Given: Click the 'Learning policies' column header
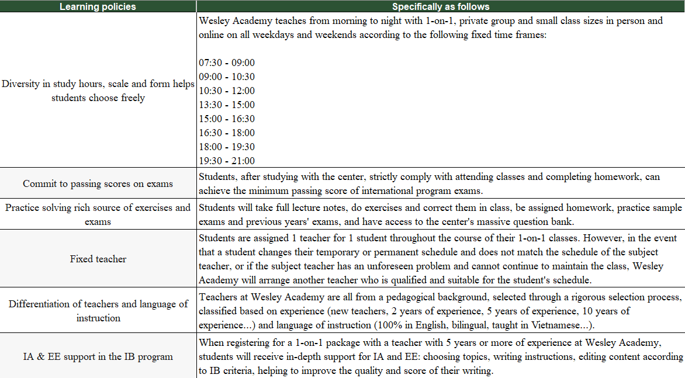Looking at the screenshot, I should [98, 7].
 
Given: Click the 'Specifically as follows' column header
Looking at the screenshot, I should [440, 7].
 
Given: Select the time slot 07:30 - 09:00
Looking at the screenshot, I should [227, 63].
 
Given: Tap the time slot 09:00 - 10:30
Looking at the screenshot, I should [227, 77].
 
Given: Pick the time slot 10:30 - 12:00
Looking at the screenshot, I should [227, 91].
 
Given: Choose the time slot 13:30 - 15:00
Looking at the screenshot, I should [227, 105].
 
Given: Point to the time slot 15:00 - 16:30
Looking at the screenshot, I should [227, 119].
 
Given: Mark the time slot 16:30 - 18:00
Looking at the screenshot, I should [227, 133].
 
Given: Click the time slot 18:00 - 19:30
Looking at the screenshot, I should [227, 147].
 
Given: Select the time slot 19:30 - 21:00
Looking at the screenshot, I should [227, 161].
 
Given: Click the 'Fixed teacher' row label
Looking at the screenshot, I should [98, 259].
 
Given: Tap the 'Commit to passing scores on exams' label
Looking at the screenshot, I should [98, 184].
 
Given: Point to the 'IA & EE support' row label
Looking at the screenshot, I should [98, 356].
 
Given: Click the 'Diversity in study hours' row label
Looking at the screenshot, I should [98, 91].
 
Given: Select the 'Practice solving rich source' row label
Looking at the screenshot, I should [98, 214].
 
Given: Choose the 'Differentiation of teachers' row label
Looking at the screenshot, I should [98, 311].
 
